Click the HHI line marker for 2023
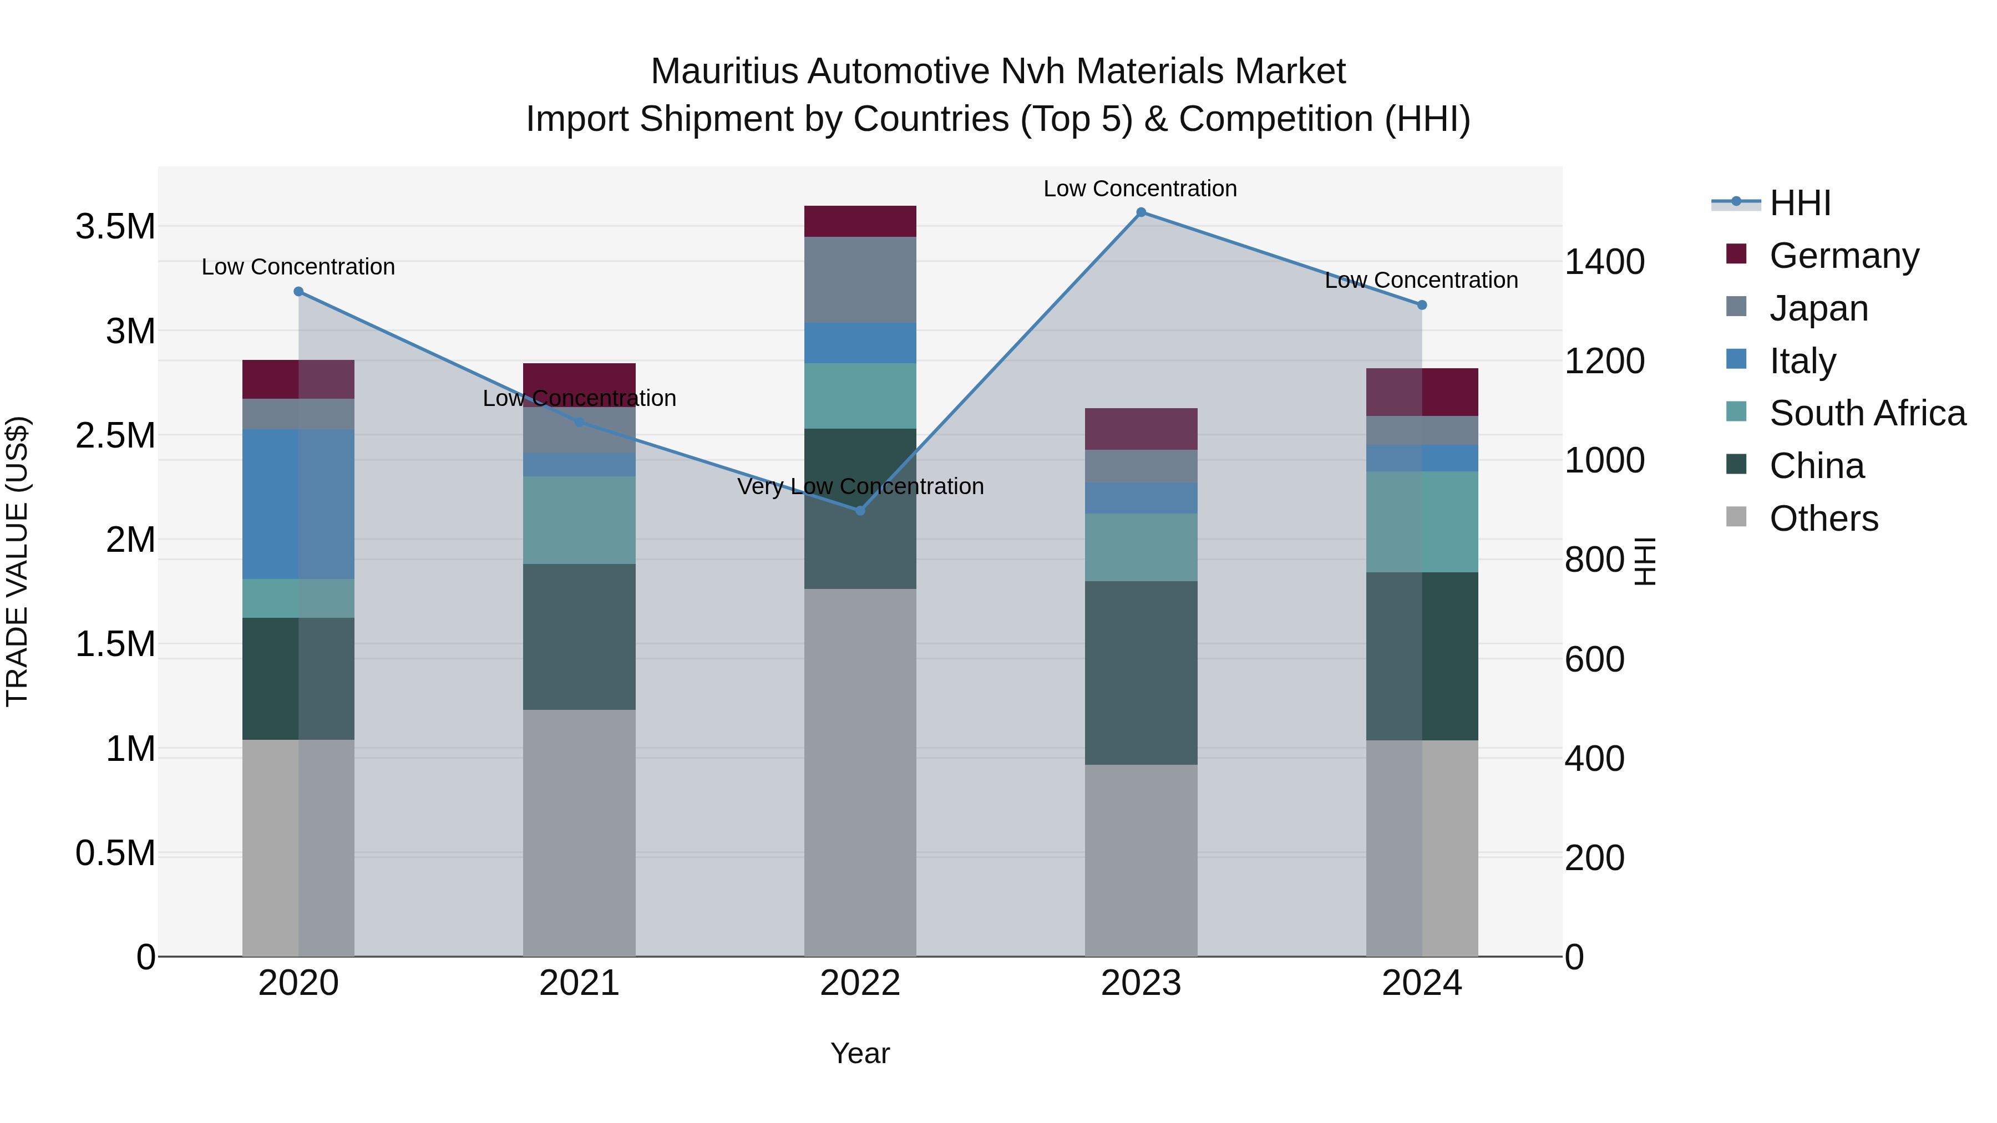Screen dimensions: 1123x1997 click(1141, 212)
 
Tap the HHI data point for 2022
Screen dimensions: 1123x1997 click(860, 511)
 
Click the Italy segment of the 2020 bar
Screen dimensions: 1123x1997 click(298, 504)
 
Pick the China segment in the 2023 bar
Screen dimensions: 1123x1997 click(1141, 673)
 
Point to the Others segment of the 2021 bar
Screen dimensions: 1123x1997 click(579, 833)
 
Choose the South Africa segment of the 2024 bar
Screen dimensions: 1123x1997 click(1422, 522)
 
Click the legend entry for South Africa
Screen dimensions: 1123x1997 click(1867, 413)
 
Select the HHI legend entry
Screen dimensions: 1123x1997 click(1800, 203)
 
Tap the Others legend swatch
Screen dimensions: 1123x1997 click(1736, 517)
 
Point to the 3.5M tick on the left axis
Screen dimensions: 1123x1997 click(115, 227)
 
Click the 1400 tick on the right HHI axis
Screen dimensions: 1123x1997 click(1604, 262)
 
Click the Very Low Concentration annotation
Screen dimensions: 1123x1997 click(860, 487)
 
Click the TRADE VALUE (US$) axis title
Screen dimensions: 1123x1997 click(18, 561)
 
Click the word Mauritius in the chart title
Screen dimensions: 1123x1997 click(724, 72)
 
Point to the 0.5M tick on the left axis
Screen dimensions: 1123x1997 click(115, 853)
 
